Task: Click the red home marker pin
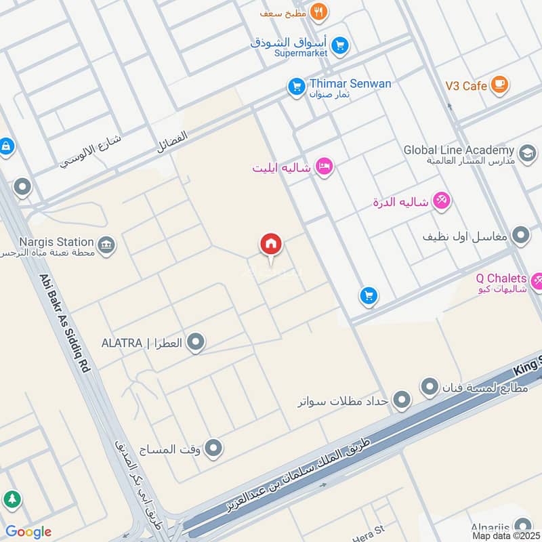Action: click(271, 245)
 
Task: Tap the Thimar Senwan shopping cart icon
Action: click(296, 87)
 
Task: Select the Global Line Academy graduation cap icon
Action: click(527, 154)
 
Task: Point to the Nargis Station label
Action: click(56, 242)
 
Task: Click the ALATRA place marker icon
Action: click(196, 343)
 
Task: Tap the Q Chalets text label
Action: click(501, 278)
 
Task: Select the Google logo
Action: click(28, 532)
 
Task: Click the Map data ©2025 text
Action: click(506, 536)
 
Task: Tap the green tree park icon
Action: click(12, 500)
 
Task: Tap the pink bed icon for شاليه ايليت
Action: click(325, 167)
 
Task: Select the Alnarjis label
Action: click(491, 527)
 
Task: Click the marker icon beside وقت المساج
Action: click(213, 448)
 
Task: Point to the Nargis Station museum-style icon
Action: click(106, 246)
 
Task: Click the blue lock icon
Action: click(6, 146)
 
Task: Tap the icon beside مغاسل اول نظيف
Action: click(521, 236)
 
